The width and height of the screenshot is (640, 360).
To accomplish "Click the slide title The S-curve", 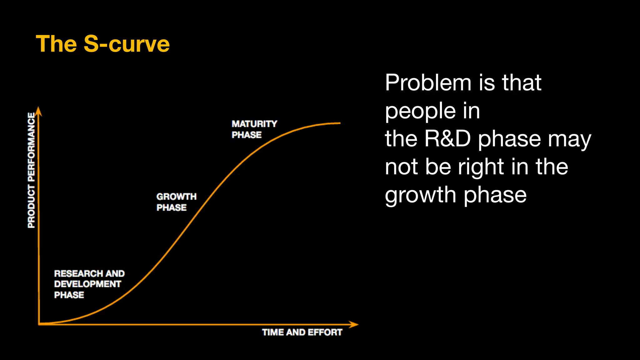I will (102, 44).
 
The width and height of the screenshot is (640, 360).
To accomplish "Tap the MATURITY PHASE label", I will (254, 129).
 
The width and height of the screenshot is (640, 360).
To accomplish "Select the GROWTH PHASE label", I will (176, 202).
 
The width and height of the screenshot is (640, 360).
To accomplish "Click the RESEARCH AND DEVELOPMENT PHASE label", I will (89, 284).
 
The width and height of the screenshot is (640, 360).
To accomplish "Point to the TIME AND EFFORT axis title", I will (302, 332).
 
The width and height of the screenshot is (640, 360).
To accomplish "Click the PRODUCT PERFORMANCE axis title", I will (32, 170).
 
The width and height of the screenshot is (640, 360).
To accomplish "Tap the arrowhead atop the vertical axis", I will (38, 111).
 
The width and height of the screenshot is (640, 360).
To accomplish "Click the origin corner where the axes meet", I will (39, 324).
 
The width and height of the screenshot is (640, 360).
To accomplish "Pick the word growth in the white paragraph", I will (420, 195).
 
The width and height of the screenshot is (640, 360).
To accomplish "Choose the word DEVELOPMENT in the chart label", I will (87, 284).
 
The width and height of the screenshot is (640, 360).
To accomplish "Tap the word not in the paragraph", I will (401, 167).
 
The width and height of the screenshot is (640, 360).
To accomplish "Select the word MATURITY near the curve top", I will (254, 124).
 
